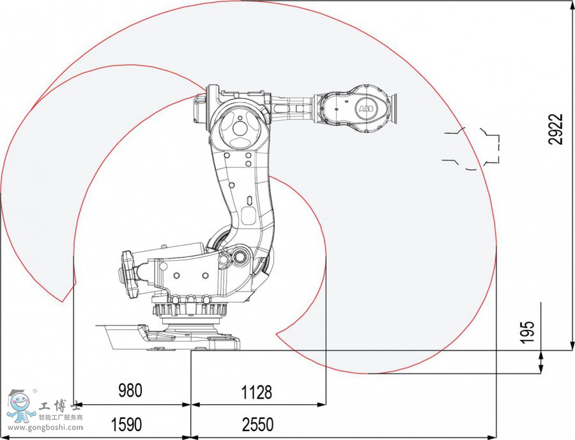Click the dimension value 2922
557,129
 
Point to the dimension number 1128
256,391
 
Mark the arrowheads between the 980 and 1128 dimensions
191,405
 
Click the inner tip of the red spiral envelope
277,333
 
